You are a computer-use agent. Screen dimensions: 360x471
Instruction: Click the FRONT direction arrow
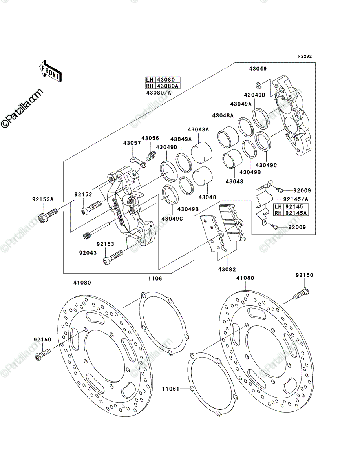[x=50, y=71]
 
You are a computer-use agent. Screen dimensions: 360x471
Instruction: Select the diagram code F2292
[x=305, y=57]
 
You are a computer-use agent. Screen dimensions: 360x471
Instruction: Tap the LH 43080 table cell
[x=163, y=80]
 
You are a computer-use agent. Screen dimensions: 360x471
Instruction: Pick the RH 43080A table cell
[x=163, y=86]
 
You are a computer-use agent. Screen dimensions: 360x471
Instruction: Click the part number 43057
[x=132, y=143]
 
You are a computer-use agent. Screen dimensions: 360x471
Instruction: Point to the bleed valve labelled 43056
[x=151, y=155]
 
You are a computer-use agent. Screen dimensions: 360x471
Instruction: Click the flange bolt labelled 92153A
[x=48, y=215]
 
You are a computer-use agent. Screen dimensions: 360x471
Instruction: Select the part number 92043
[x=88, y=253]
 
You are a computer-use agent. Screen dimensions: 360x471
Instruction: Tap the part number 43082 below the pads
[x=227, y=269]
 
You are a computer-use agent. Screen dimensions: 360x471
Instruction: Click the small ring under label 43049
[x=258, y=85]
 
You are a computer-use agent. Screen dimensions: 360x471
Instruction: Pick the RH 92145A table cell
[x=291, y=213]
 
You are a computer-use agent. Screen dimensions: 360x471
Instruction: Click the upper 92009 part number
[x=302, y=190]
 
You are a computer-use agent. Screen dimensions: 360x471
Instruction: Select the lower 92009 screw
[x=274, y=226]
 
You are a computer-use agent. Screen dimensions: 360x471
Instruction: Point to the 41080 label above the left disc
[x=82, y=283]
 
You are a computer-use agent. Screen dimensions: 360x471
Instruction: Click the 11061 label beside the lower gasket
[x=170, y=389]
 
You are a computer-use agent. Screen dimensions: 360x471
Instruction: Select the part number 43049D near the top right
[x=255, y=95]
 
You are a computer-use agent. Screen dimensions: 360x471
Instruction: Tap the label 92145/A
[x=296, y=199]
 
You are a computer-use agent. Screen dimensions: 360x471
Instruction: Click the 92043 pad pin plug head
[x=86, y=236]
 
